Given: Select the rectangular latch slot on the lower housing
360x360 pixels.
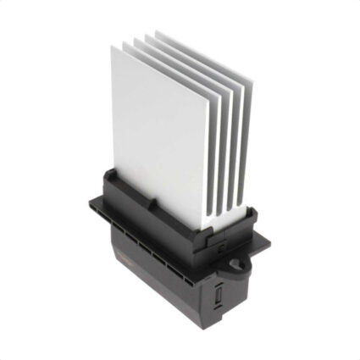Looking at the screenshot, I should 218,296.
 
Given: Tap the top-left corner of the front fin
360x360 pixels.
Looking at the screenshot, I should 112,47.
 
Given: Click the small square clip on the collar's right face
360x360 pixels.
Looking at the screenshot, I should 219,248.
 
